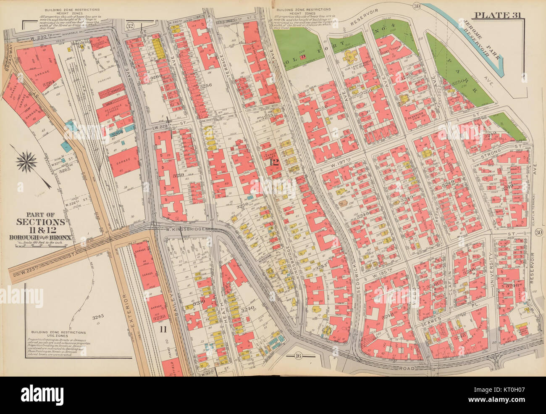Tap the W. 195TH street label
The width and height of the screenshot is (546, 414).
click(x=384, y=269)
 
